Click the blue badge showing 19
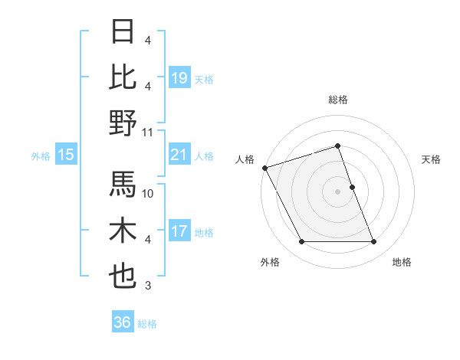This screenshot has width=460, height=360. pos(179,78)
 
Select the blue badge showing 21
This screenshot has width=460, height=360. pos(179,155)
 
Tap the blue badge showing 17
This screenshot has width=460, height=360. pos(179,232)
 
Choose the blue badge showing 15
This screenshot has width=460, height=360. pos(66,155)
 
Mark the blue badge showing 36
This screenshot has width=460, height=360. pos(123,322)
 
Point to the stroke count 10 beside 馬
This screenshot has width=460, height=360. pos(148,194)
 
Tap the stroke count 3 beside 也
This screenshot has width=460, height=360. pos(148,286)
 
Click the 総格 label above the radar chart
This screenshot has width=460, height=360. pos(337,100)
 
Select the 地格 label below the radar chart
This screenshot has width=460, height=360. pos(402,263)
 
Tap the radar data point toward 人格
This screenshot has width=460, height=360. pos(264,167)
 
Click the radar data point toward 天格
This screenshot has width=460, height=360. pos(352,186)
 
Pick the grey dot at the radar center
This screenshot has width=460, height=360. pos(337,191)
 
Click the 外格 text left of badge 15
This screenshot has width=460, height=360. pos(41,156)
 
